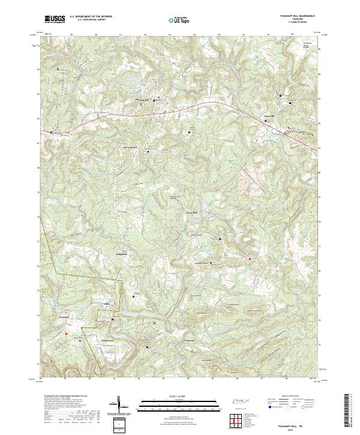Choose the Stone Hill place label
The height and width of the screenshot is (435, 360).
pyautogui.click(x=191, y=212)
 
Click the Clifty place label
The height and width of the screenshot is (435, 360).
pyautogui.click(x=107, y=304)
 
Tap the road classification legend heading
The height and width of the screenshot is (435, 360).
pyautogui.click(x=291, y=397)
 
